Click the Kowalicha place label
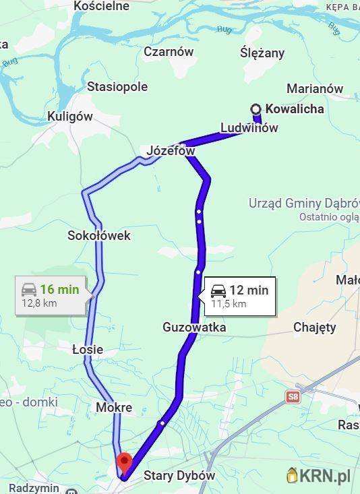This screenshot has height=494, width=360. (x=295, y=109)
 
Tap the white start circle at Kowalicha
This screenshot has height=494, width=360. (x=256, y=109)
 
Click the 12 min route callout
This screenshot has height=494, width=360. (x=239, y=296)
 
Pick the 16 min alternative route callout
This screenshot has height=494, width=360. (x=51, y=295)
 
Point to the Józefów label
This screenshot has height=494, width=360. (x=170, y=151)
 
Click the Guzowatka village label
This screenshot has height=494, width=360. (x=194, y=327)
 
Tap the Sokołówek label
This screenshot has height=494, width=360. (x=99, y=235)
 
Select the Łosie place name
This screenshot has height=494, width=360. (x=88, y=349)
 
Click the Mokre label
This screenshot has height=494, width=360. (x=114, y=408)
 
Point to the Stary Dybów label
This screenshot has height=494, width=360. (x=179, y=475)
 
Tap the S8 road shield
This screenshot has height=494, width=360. (x=292, y=397)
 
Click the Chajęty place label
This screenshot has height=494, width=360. (x=314, y=327)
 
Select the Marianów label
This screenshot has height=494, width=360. (x=314, y=88)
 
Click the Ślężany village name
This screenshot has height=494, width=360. (x=262, y=53)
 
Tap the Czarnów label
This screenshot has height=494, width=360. (x=169, y=51)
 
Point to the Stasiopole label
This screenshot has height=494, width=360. (x=117, y=86)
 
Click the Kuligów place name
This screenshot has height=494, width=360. (x=69, y=116)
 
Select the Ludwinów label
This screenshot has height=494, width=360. (x=249, y=127)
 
